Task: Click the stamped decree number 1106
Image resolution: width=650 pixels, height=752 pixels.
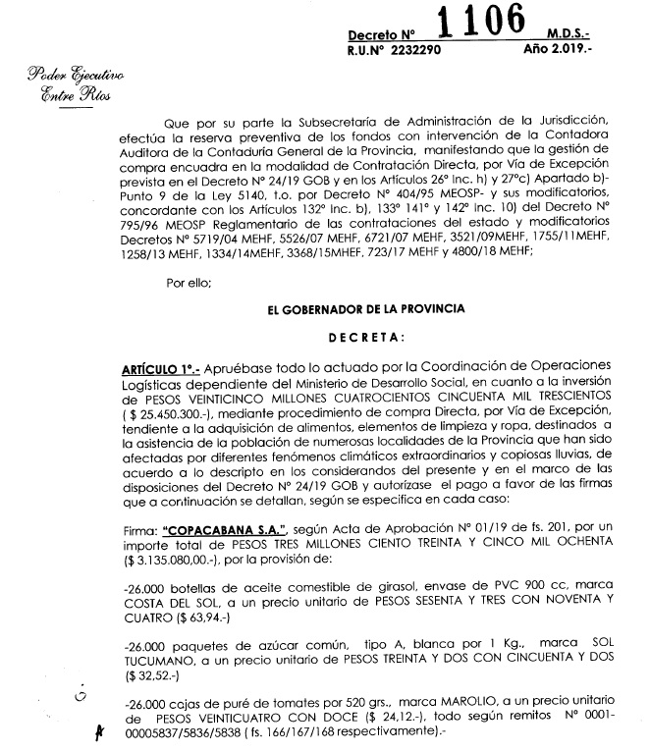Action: [499, 24]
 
